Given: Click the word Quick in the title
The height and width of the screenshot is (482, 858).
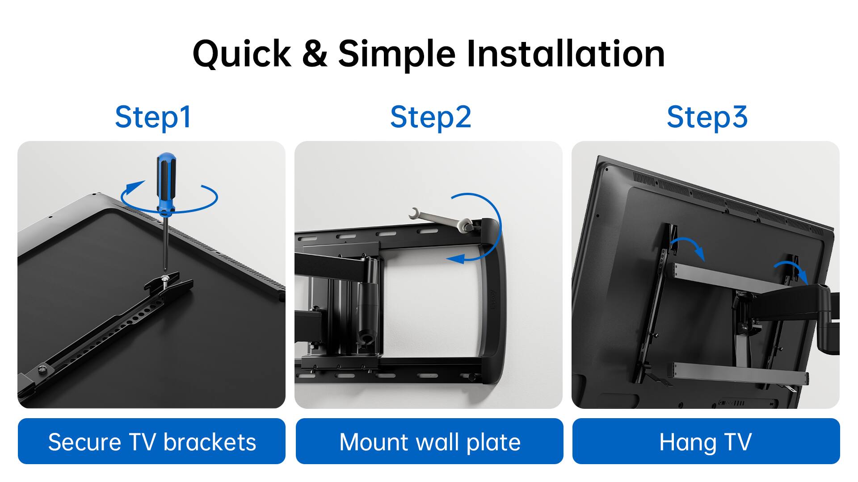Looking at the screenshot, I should [x=242, y=54].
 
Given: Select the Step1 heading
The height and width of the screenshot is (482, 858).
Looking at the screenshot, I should [x=153, y=117].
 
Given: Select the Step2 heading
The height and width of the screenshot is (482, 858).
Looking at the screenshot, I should [x=430, y=117].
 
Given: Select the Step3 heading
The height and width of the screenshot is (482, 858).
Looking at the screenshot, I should [x=707, y=117].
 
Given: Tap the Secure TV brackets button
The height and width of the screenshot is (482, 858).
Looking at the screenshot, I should [x=151, y=441].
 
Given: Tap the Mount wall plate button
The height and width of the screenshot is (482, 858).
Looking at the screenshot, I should [x=429, y=441].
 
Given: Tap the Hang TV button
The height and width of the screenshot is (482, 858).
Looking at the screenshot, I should [x=706, y=441].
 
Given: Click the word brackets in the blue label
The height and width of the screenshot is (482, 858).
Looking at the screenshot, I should [x=210, y=442].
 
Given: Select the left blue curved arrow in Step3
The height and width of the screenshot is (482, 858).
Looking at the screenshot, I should [x=688, y=247].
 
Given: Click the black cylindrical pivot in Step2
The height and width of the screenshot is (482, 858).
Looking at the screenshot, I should [x=369, y=303].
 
